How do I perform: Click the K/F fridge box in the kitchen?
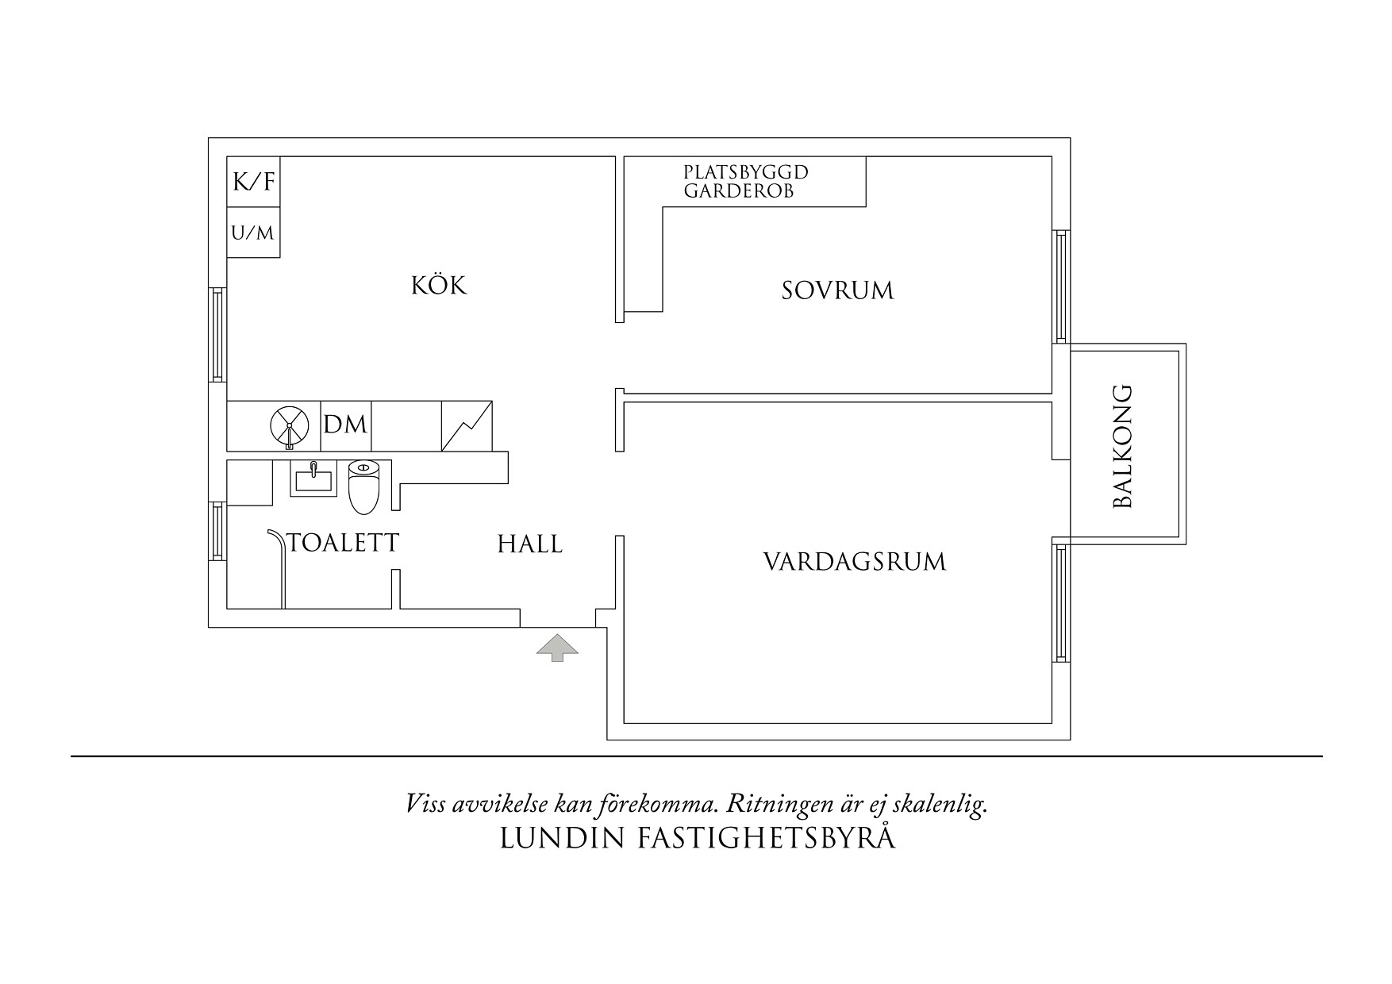pos(253,183)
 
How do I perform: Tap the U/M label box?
pos(253,233)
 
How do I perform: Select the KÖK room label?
pos(439,286)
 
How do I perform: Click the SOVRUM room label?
pos(837,290)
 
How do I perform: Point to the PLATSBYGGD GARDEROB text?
pos(746,182)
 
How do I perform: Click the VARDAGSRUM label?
pos(855,563)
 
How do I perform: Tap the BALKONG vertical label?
pos(1123,446)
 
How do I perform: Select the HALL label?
pos(529,544)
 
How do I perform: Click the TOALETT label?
pos(344,543)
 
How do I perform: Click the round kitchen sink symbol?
pos(289,426)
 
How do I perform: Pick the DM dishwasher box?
pos(346,426)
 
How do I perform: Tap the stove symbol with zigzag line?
pos(467,426)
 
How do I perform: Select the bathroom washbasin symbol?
pos(313,479)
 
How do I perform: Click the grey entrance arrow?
pos(557,648)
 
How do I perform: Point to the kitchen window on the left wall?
pos(218,334)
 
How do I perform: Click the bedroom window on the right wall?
pos(1061,286)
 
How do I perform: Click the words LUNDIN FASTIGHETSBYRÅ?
pos(697,839)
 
